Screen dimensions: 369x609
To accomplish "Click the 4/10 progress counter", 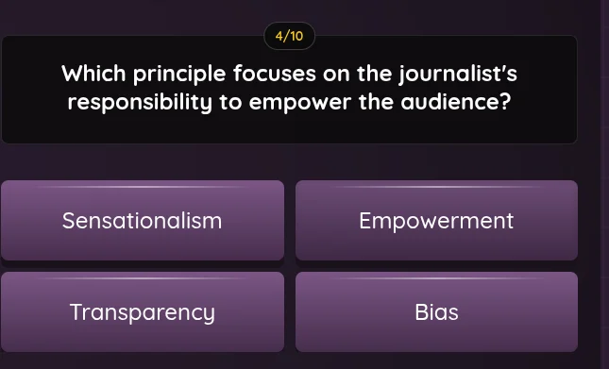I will (x=289, y=37).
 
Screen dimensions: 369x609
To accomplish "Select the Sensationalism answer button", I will (x=143, y=220).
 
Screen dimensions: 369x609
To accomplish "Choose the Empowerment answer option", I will (x=436, y=220).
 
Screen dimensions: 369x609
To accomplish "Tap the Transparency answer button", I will (x=143, y=311).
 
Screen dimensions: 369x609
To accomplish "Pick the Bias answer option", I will (x=436, y=311).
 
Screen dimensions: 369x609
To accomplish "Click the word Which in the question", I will (x=92, y=74).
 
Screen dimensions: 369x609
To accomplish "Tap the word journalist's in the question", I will (x=458, y=75).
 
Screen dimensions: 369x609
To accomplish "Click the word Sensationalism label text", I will (x=143, y=221).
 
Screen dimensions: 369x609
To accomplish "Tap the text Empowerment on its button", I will (x=436, y=222).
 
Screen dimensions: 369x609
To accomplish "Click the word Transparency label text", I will (x=143, y=312).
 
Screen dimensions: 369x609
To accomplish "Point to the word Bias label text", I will (x=436, y=311).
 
